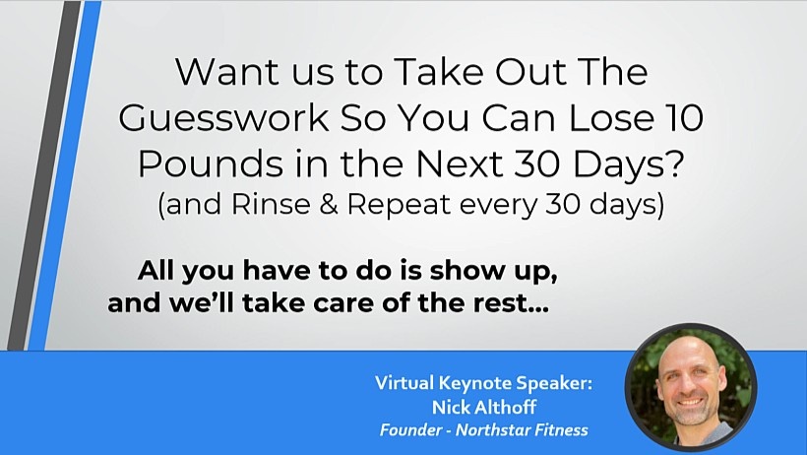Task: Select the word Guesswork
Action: [223, 118]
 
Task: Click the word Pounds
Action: [211, 163]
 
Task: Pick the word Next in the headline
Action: [459, 163]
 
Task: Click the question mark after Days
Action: [676, 163]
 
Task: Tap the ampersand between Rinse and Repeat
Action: [329, 204]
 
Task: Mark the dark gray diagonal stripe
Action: [44, 175]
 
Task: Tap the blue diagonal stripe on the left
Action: [64, 175]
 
